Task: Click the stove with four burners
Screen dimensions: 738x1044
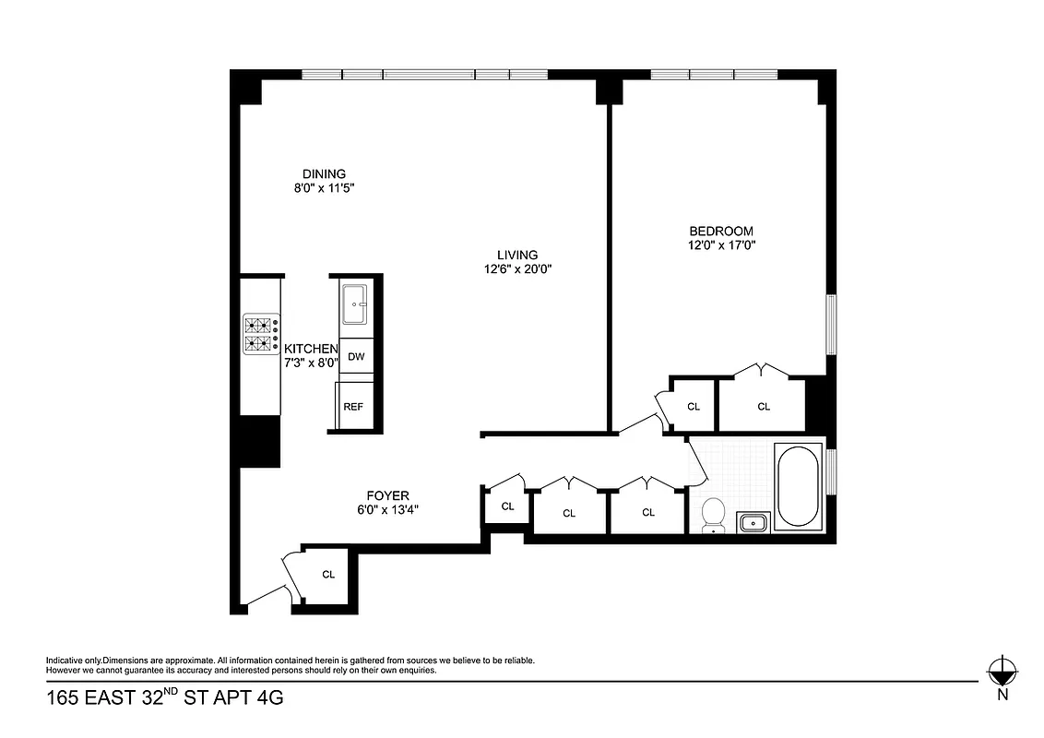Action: coord(261,335)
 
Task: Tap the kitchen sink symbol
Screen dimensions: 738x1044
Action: coord(355,304)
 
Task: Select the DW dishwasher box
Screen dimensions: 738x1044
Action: coord(355,356)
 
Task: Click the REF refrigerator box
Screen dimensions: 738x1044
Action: coord(353,406)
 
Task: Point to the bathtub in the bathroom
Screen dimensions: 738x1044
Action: coord(798,486)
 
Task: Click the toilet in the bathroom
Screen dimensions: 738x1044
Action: coord(714,516)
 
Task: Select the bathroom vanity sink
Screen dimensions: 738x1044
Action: coord(753,523)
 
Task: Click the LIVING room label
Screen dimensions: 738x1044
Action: coord(517,255)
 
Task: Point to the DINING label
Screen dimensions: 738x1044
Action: coord(324,173)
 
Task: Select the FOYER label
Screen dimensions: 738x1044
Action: coord(387,495)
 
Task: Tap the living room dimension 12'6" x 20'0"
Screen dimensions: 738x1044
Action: coord(517,269)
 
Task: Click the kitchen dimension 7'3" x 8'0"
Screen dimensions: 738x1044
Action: coord(311,363)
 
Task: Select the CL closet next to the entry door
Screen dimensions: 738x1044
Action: coord(328,574)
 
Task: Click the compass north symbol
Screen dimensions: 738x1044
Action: coord(1002,670)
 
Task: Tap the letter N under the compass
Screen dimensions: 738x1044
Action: coord(1002,696)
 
